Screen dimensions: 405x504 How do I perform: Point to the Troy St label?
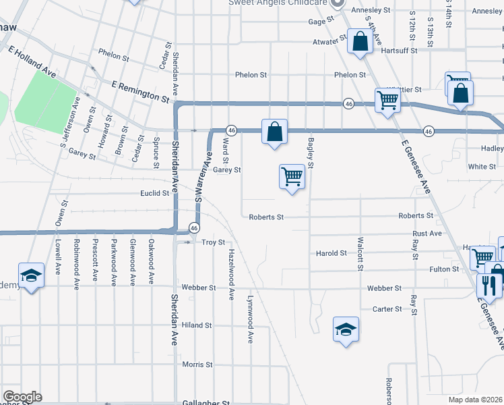click(213, 242)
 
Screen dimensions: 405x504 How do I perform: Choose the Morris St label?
click(197, 364)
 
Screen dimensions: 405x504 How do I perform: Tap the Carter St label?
click(387, 309)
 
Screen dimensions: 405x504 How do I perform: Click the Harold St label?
click(331, 253)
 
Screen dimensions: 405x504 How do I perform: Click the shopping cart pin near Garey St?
click(292, 177)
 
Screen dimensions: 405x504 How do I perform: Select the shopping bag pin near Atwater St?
click(360, 42)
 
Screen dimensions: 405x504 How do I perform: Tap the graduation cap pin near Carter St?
click(346, 329)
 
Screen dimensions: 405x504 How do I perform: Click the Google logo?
click(22, 396)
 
